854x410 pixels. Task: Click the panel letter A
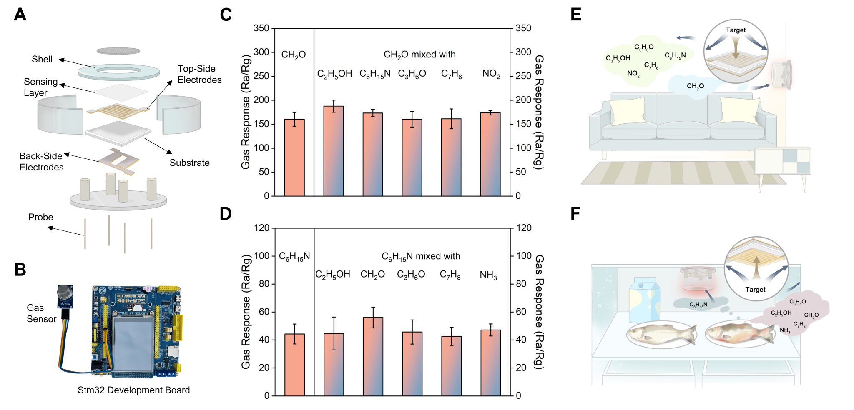click(x=20, y=15)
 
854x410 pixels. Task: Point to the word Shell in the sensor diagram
click(x=42, y=59)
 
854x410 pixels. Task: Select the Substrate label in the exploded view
click(x=189, y=162)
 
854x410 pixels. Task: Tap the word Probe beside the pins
click(x=40, y=217)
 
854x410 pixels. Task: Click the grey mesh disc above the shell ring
click(x=118, y=50)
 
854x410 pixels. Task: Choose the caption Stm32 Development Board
click(x=133, y=390)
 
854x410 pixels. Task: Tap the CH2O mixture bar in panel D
click(x=373, y=356)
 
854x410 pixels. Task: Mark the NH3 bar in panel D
click(x=490, y=362)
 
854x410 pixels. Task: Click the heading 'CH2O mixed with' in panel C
click(x=419, y=55)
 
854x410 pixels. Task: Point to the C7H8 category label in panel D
click(x=450, y=275)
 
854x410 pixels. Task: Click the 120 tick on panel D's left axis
click(x=262, y=228)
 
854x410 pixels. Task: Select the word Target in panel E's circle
click(x=736, y=30)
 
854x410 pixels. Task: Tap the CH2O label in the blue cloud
click(x=695, y=86)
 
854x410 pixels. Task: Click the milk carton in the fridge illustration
click(x=644, y=300)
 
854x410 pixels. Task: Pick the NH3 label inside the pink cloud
click(x=785, y=330)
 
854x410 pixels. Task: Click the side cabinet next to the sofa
click(x=783, y=161)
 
